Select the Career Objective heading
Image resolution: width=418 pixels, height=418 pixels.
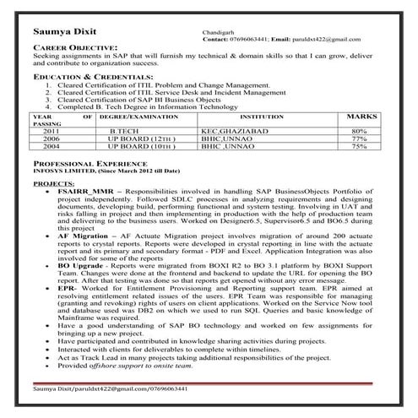coord(75,48)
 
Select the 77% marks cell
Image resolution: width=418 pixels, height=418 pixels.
coord(359,139)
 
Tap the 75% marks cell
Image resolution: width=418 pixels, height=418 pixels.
coord(359,147)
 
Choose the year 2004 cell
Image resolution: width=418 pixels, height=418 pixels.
coord(52,147)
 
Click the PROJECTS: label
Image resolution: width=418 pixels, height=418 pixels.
coord(52,182)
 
